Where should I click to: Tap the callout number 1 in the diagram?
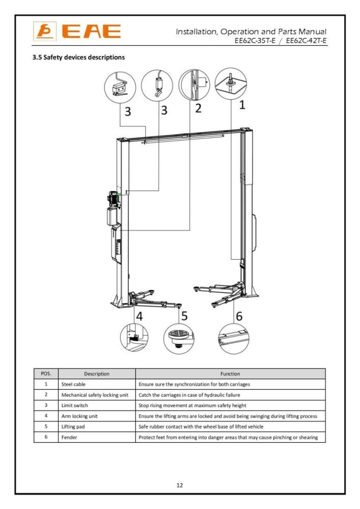coord(242,105)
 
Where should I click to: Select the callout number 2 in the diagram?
coord(198,108)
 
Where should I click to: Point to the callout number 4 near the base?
coord(139,316)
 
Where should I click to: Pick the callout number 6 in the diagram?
coord(239,316)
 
